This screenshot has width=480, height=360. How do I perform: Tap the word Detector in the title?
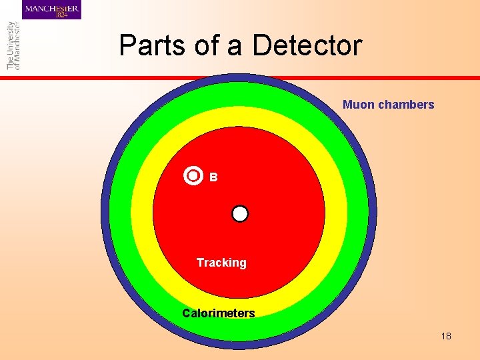307,45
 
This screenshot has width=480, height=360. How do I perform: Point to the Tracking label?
221,263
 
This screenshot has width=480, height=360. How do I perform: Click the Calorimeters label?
219,313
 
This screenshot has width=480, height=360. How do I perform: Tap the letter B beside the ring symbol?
213,177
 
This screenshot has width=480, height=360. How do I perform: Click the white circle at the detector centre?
240,213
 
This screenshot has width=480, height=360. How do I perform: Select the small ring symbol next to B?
193,176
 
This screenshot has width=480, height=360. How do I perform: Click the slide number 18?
446,336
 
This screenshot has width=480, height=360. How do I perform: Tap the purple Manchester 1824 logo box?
51,10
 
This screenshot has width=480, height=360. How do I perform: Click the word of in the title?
215,45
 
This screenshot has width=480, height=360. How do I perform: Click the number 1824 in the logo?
62,15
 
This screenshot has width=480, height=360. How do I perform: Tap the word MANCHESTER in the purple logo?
52,7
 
